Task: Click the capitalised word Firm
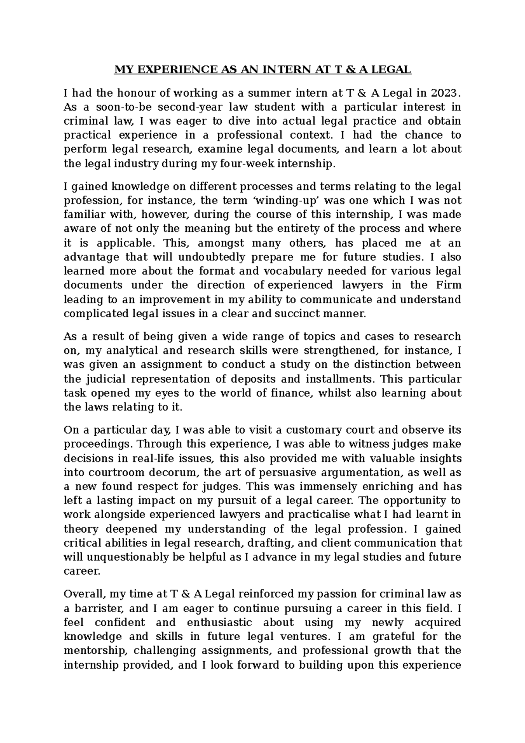tap(448, 285)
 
